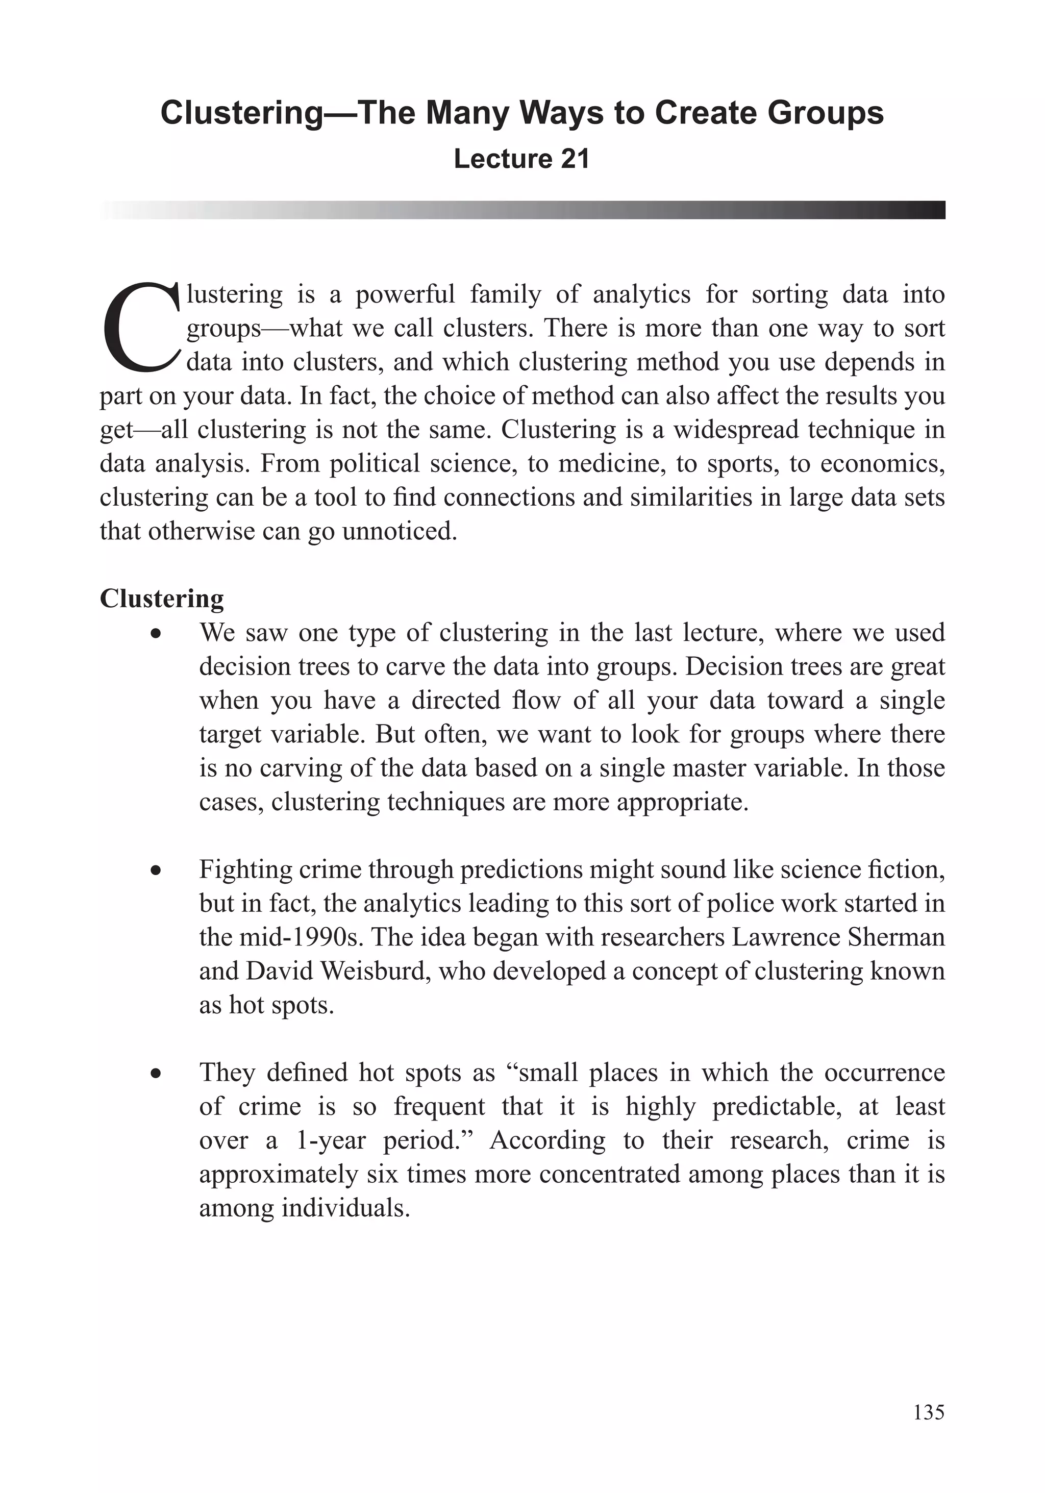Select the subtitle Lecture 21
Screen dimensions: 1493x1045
[521, 159]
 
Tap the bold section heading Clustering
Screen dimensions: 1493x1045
[161, 598]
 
